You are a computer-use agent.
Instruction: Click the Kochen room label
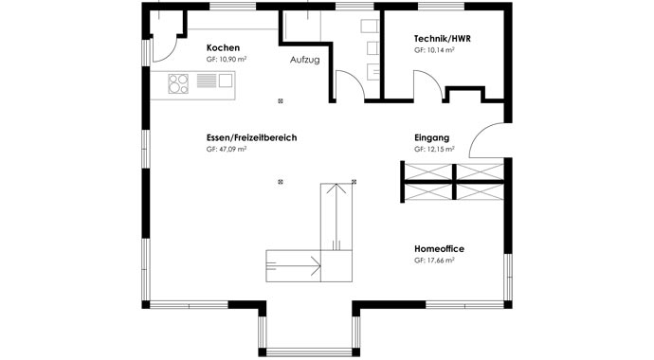point(223,47)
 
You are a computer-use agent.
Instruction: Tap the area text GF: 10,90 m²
point(227,59)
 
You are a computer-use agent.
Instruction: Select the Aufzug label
point(305,60)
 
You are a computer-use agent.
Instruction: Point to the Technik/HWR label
point(442,39)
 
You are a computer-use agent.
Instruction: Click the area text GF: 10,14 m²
point(434,50)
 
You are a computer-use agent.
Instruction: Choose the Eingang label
point(431,137)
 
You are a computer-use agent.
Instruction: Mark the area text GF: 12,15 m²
point(434,149)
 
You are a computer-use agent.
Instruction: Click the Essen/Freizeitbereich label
point(251,137)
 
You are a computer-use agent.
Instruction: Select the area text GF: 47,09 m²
point(227,149)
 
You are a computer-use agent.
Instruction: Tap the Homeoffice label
point(439,248)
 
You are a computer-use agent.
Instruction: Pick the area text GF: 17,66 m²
point(434,260)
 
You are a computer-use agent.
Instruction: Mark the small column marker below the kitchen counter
point(281,101)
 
